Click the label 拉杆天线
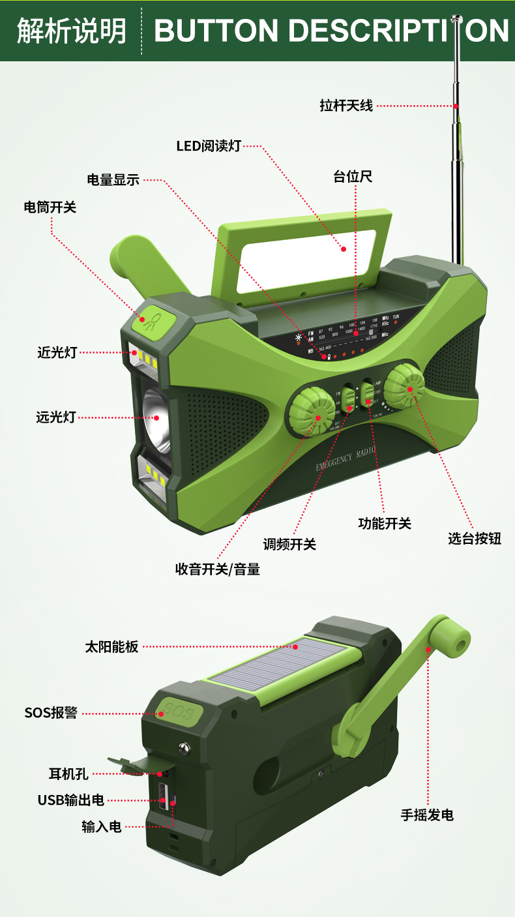click(x=346, y=105)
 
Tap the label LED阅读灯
click(x=209, y=145)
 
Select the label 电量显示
click(x=113, y=180)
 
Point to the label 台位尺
click(x=353, y=177)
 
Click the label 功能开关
click(x=385, y=523)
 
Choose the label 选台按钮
click(x=475, y=539)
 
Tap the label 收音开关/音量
click(x=218, y=569)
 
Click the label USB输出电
click(x=70, y=800)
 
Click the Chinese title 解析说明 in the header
click(x=72, y=31)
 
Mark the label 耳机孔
click(x=68, y=774)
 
